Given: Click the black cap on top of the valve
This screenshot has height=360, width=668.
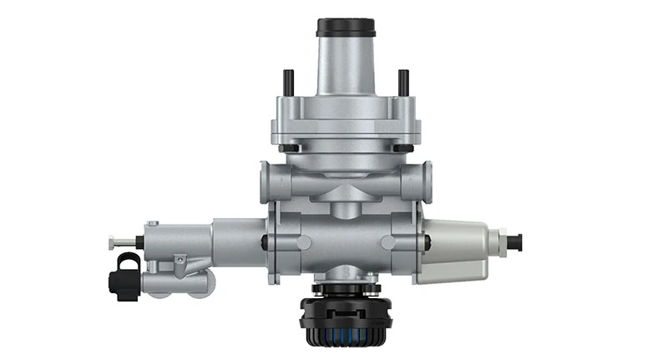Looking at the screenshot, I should pyautogui.click(x=345, y=26).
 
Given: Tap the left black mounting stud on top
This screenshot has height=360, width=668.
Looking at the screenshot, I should pyautogui.click(x=288, y=82).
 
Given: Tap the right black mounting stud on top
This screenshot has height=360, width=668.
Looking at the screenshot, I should pyautogui.click(x=402, y=82).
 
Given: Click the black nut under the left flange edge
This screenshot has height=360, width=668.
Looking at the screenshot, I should pyautogui.click(x=288, y=149).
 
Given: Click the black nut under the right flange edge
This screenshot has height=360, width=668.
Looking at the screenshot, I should pyautogui.click(x=402, y=149).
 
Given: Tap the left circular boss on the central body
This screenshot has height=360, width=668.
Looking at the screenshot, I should pyautogui.click(x=301, y=243).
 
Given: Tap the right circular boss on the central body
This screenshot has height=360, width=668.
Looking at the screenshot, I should pyautogui.click(x=389, y=243).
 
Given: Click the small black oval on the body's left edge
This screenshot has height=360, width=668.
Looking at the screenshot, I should pyautogui.click(x=264, y=243).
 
